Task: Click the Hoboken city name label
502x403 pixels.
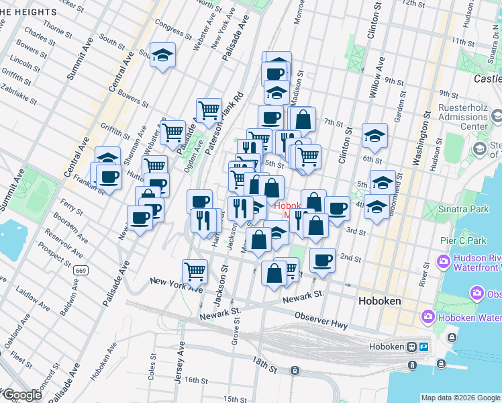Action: tap(380, 301)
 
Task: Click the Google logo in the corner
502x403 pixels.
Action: tap(22, 395)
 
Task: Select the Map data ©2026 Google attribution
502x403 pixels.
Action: tap(460, 398)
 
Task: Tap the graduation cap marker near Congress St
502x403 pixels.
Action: tap(162, 55)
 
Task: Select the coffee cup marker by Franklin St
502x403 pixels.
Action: tap(108, 177)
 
